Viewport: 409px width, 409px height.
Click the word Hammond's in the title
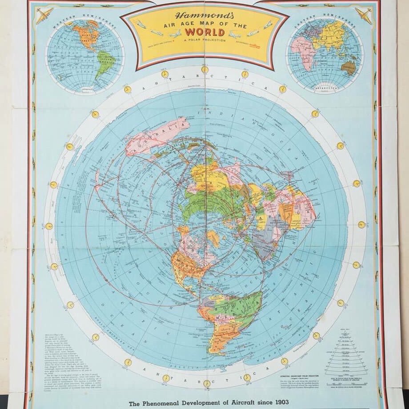pyautogui.click(x=204, y=16)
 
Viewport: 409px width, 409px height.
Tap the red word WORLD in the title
pyautogui.click(x=204, y=32)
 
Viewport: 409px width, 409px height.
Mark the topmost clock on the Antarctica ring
pyautogui.click(x=205, y=69)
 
